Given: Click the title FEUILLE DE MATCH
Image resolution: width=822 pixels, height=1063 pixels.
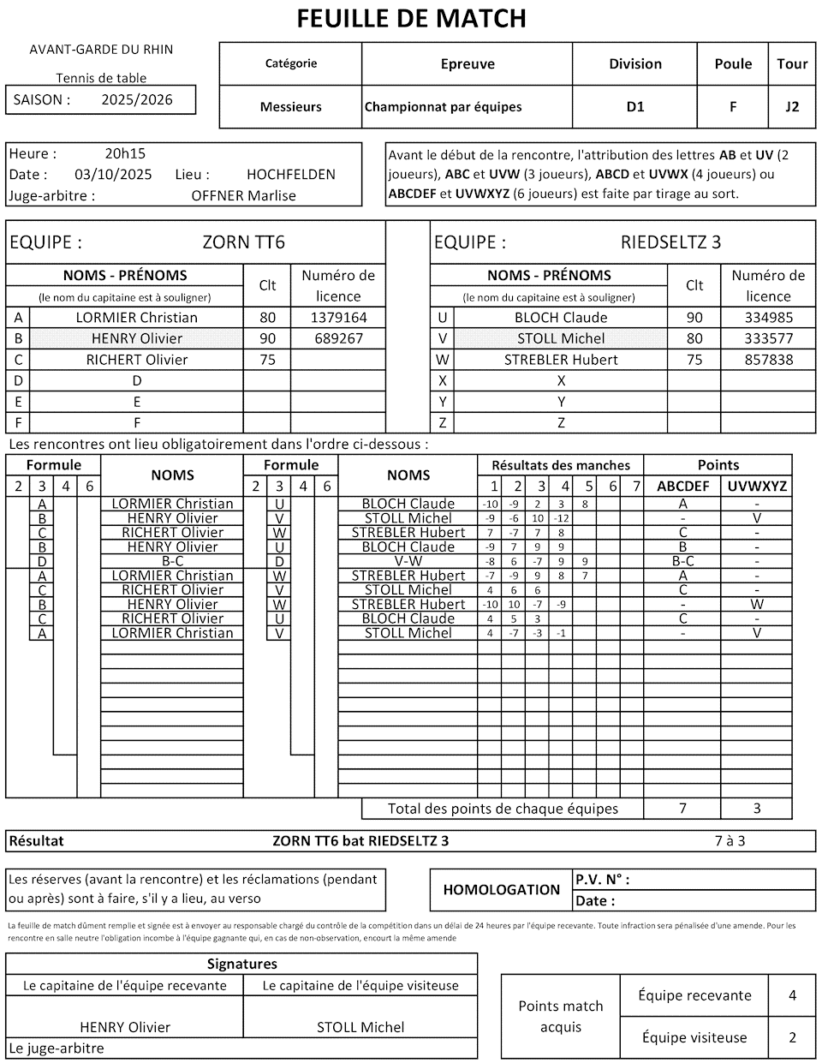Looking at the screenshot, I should click(x=411, y=18).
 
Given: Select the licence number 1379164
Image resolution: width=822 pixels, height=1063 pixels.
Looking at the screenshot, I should click(x=338, y=317).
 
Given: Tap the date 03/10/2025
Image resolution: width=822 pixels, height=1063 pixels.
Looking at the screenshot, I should click(x=113, y=175).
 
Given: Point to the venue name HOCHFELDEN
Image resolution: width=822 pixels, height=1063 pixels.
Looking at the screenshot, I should click(x=291, y=175).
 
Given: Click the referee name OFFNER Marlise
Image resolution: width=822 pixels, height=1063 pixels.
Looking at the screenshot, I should click(x=243, y=195).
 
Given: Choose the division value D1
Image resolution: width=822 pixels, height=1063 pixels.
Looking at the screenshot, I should click(x=635, y=107).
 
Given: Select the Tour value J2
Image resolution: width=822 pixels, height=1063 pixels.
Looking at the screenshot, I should click(x=792, y=107).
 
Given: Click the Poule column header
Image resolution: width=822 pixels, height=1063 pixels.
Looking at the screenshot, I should click(x=733, y=63).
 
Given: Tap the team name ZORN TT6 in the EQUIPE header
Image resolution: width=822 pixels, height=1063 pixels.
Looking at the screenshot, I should click(x=243, y=242).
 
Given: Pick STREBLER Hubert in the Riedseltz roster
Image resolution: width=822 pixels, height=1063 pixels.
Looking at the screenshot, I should click(x=561, y=360).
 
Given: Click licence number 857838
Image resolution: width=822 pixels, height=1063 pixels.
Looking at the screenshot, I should click(x=768, y=360).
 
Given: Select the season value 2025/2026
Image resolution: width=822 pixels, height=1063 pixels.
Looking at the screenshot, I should click(x=137, y=99).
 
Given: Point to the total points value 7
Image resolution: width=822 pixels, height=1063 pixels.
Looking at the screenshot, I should click(x=682, y=808).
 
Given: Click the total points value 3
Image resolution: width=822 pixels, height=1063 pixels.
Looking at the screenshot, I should click(x=757, y=808).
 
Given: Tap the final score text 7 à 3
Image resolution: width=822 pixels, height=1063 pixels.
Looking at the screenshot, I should click(x=730, y=840).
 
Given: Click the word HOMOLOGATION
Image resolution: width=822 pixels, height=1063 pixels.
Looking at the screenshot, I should click(x=501, y=890).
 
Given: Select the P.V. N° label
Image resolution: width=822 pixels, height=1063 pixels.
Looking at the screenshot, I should click(x=602, y=880).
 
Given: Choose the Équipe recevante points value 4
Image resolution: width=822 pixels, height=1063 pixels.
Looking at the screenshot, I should click(x=792, y=995).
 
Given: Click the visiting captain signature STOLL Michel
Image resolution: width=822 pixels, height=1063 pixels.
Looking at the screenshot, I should click(x=360, y=1027).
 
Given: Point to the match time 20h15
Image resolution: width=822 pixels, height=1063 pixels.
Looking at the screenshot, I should click(x=125, y=154).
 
